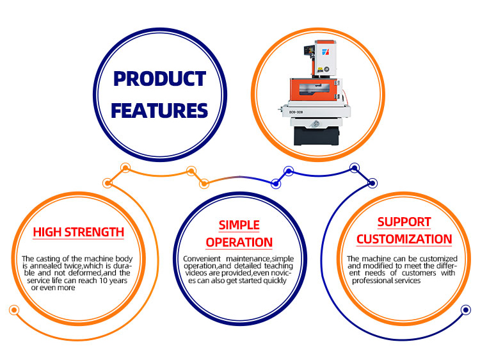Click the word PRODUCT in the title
coord(159,79)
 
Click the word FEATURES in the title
coord(159,111)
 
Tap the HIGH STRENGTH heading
coord(78,232)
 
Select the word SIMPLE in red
coord(239,225)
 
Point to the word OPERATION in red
coord(239,242)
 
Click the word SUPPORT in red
coord(404,222)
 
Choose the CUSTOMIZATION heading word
coord(404,240)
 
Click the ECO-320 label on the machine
coord(296,112)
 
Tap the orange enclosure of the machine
coord(314,90)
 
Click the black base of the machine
coord(316,136)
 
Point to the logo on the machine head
coord(325,52)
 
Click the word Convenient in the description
coord(202,259)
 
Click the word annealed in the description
coord(45,266)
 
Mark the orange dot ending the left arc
coord(14,310)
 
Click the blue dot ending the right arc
coord(466,310)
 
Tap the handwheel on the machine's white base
coord(316,124)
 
